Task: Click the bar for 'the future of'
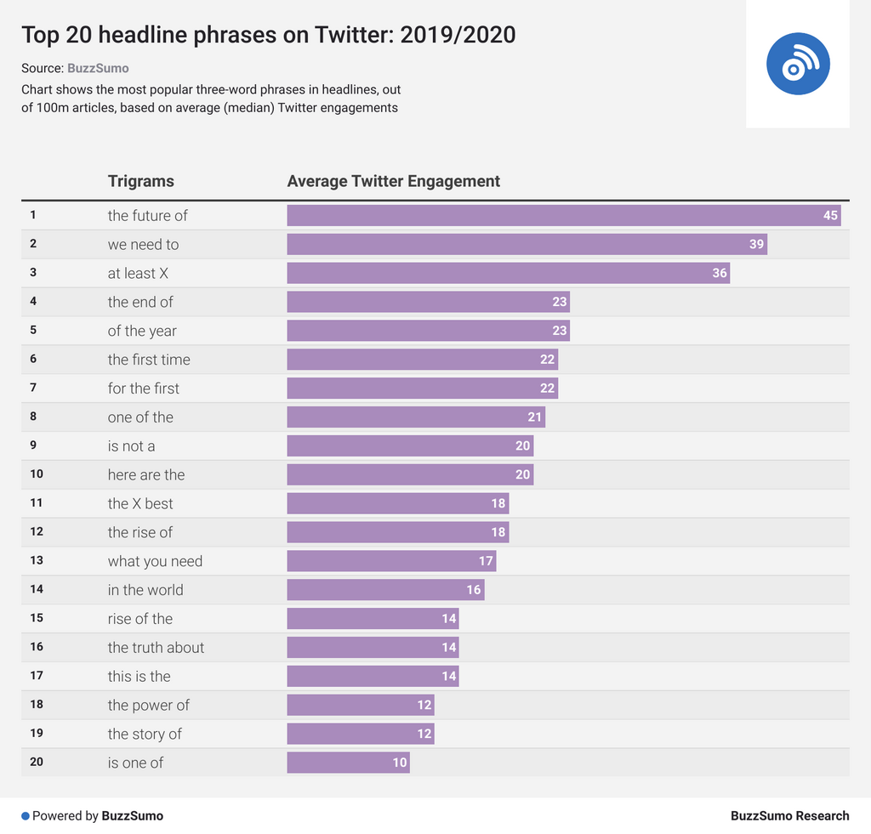[x=563, y=215]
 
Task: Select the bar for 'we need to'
[x=527, y=244]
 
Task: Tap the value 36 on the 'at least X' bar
[x=720, y=273]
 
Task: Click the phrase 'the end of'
[x=140, y=302]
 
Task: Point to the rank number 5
[x=33, y=330]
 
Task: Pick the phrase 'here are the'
[x=146, y=474]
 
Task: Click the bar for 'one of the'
[x=416, y=417]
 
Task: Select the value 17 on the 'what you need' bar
[x=486, y=561]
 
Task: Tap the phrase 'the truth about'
[x=156, y=648]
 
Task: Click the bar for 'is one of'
[x=348, y=763]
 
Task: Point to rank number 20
[x=37, y=762]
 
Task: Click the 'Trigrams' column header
[x=141, y=181]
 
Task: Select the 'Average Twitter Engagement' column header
[x=394, y=181]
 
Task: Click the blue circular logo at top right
[x=798, y=64]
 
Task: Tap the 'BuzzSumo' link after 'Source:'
[x=98, y=68]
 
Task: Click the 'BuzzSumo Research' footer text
[x=789, y=816]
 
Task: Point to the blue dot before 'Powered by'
[x=26, y=816]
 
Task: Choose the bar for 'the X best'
[x=397, y=503]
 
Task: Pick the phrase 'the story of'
[x=145, y=734]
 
